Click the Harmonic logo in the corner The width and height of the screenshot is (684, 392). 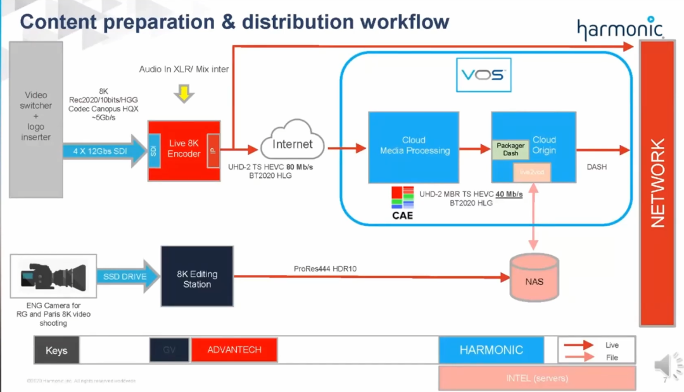(x=619, y=29)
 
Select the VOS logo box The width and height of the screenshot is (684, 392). (x=483, y=75)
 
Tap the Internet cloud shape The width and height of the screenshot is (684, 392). (x=293, y=146)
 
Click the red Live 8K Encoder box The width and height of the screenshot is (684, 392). (x=184, y=150)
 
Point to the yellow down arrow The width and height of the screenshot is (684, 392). (x=184, y=94)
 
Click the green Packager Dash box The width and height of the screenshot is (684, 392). (x=510, y=150)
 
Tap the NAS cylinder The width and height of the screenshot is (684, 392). (x=535, y=278)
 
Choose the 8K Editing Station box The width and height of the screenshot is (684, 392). (x=197, y=279)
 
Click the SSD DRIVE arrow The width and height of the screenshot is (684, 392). (x=125, y=277)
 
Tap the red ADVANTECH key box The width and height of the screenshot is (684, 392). (x=234, y=350)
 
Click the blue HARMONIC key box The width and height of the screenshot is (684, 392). (x=491, y=350)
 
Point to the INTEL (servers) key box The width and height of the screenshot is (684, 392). (x=536, y=378)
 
